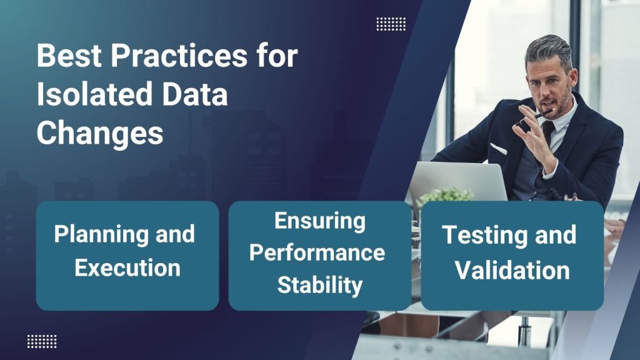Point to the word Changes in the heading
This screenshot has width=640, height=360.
point(100,134)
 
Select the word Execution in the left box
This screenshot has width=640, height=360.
point(127,267)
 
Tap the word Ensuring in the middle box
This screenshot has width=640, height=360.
point(319,221)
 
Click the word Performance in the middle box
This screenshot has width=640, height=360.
point(321,252)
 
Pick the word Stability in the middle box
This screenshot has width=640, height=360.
point(320,285)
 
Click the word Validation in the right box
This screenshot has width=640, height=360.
point(512,271)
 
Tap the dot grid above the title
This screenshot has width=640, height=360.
point(391,24)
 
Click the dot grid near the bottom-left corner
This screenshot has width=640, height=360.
point(42,341)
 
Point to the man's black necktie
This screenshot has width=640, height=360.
point(547,134)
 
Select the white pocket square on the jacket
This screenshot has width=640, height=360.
point(498,149)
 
